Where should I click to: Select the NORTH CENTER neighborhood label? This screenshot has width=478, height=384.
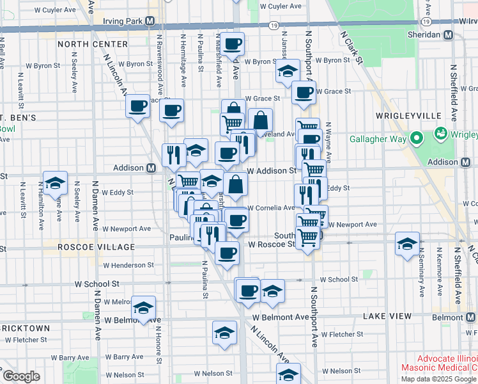click(x=93, y=44)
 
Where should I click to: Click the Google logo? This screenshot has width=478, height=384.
click(x=20, y=376)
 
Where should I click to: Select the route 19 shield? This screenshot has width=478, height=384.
click(x=273, y=26)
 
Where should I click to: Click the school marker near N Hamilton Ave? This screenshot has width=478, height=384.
click(x=56, y=183)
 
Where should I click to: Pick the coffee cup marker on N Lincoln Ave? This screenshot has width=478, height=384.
click(x=138, y=106)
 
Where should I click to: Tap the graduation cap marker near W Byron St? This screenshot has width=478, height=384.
click(x=288, y=71)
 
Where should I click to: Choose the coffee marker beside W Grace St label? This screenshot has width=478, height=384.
click(x=304, y=92)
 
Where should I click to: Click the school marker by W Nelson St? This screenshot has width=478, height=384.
click(x=288, y=374)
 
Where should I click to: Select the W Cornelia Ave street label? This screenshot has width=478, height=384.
click(x=271, y=207)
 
